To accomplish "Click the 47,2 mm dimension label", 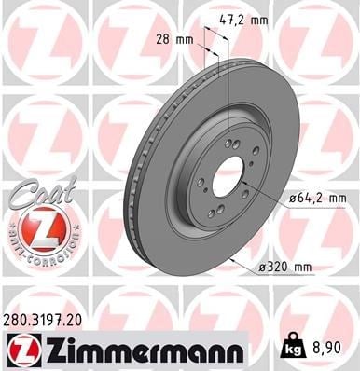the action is [x=243, y=21].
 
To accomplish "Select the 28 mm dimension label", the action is [x=174, y=40].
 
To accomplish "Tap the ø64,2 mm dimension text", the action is [x=317, y=198].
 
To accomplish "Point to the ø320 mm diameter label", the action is [x=284, y=267].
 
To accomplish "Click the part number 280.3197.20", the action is [x=43, y=321].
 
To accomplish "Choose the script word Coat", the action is [x=42, y=192].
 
